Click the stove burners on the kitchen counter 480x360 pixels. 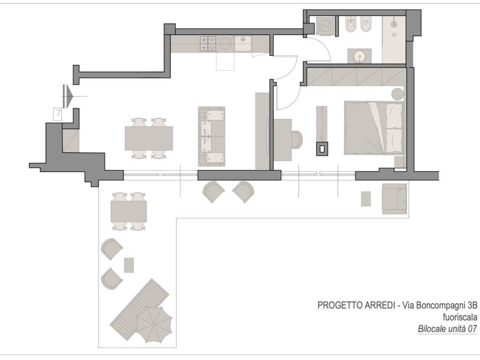click(x=208, y=44)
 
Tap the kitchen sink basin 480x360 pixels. click(x=243, y=44)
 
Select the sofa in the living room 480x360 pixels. click(x=211, y=136)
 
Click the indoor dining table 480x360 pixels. click(x=149, y=138)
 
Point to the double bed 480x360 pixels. click(x=374, y=127)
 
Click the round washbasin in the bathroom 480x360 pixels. click(x=359, y=56)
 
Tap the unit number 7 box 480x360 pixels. click(x=58, y=114)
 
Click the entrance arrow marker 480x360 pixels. click(x=68, y=96)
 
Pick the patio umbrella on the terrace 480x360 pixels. click(x=154, y=325)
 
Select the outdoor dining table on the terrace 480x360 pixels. click(x=128, y=211)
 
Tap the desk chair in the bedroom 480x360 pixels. click(x=297, y=140)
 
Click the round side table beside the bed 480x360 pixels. click(x=397, y=94)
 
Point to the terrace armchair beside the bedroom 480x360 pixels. click(x=394, y=199)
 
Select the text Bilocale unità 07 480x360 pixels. click(x=447, y=329)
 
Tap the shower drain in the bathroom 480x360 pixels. click(x=394, y=35)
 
